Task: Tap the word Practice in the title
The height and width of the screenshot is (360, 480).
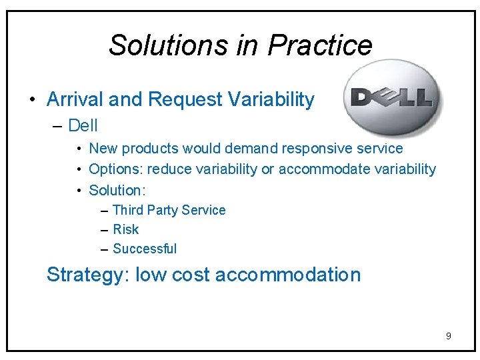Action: pos(319,45)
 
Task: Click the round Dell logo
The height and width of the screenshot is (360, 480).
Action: pos(393,97)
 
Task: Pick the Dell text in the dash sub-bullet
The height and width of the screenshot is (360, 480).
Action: pos(83,125)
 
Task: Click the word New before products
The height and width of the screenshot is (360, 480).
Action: pos(102,149)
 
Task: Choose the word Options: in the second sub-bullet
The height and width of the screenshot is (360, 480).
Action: pos(116,169)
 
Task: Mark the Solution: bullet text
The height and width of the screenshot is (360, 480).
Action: pos(117,190)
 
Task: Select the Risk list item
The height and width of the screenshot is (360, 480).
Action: pos(126,229)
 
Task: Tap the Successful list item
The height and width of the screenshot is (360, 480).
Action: pos(145,249)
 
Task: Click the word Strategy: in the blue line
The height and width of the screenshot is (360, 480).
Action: pos(88,275)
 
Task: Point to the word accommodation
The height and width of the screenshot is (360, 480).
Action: pos(288,275)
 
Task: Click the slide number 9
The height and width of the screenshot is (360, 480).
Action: pos(448,336)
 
